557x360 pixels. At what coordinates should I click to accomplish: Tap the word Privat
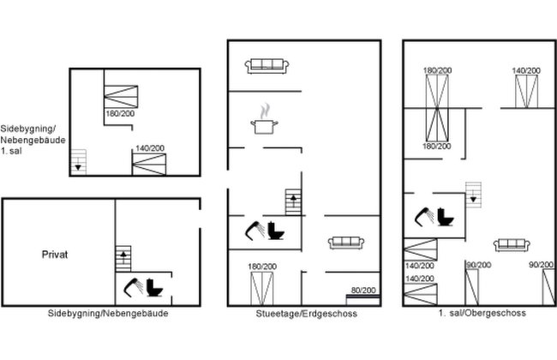tap(55, 255)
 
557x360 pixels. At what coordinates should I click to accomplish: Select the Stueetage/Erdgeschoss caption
tap(306, 314)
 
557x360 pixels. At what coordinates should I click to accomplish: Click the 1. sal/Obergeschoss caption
tap(482, 313)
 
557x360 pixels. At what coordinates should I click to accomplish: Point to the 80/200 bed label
tap(363, 290)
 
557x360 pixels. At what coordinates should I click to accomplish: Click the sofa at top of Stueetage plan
tap(267, 66)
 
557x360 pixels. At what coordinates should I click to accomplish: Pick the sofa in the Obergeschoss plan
tap(512, 245)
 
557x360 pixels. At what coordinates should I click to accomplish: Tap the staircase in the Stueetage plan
tap(293, 202)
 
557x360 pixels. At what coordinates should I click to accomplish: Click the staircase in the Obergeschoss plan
tap(474, 195)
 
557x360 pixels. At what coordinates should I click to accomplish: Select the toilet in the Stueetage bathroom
tap(276, 231)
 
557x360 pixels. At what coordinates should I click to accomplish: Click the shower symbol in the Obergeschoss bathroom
tap(424, 216)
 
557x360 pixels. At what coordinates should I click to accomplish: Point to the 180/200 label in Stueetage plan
tap(262, 267)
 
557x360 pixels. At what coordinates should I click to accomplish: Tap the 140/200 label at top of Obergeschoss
tap(526, 71)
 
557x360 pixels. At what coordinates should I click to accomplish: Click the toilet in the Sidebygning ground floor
tap(155, 287)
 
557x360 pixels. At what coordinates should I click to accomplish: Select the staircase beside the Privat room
tap(123, 259)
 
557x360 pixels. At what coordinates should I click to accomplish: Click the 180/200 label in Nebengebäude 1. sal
tap(120, 113)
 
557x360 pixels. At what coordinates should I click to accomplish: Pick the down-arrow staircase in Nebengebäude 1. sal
tap(79, 162)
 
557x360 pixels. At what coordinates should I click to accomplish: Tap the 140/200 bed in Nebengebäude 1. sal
tap(149, 165)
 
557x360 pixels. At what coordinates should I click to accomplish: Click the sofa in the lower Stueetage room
tap(346, 243)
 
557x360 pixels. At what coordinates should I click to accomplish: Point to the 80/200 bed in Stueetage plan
tap(363, 300)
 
